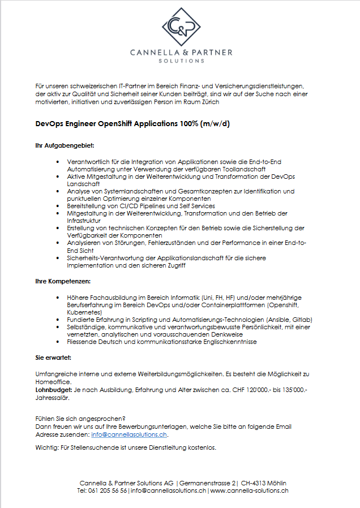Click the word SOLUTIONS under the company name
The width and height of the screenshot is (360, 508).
181,61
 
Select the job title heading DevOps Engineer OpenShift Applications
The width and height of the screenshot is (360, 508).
132,123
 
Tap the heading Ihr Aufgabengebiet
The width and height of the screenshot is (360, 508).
61,146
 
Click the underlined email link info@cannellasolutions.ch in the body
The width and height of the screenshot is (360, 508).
129,435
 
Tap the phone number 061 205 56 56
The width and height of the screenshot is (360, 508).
106,491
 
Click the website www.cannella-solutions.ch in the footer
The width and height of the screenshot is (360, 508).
250,491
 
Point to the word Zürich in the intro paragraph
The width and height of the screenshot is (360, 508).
207,102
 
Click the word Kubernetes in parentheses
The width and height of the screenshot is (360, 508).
84,312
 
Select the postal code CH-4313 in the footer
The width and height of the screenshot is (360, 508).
256,483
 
